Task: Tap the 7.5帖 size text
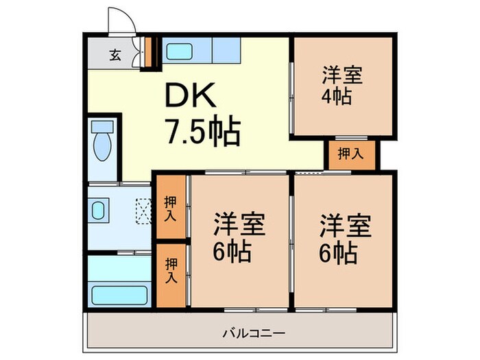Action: point(200,132)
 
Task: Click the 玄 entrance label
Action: point(115,56)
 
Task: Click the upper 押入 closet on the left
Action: point(170,209)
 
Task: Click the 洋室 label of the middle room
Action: point(239,225)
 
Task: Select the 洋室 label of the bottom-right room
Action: point(345,225)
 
